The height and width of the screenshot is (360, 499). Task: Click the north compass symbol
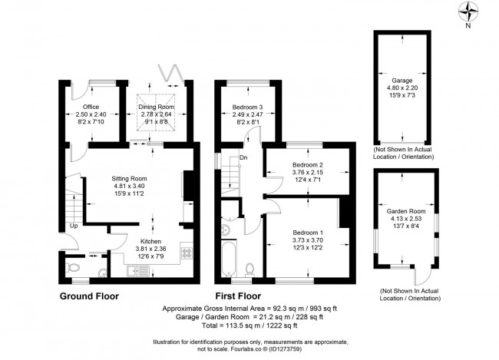468,11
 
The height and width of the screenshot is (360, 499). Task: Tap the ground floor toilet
73,268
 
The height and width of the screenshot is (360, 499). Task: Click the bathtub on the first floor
227,262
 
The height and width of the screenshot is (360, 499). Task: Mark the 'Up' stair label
74,226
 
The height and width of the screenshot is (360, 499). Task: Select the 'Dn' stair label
243,158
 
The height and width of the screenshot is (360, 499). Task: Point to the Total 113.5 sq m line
249,325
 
